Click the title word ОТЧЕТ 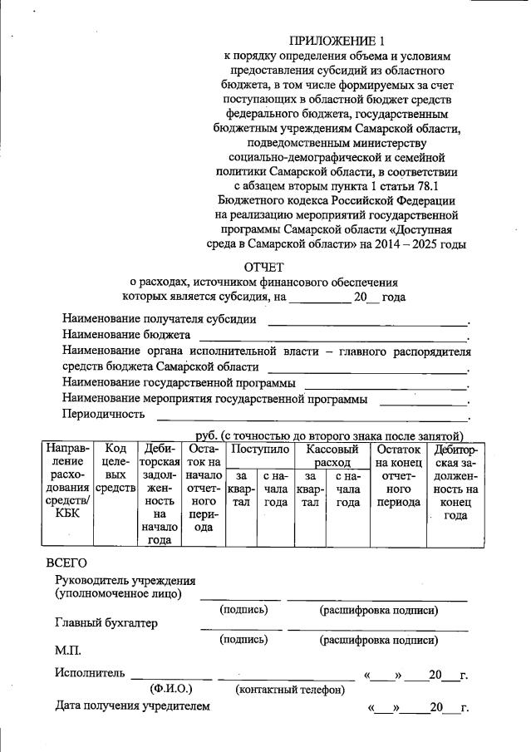[x=263, y=267]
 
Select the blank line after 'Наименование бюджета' [x=332, y=337]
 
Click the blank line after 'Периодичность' [x=312, y=415]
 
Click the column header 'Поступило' [x=259, y=449]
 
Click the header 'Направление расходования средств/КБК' [x=68, y=482]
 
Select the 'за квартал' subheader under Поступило [x=241, y=489]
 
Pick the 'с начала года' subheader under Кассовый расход [x=348, y=489]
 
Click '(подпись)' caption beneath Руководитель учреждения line [x=243, y=610]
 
